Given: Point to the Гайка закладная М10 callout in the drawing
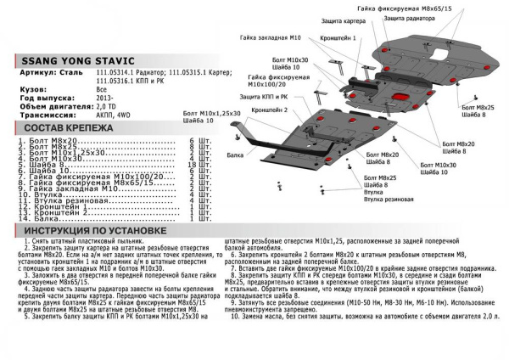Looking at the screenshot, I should click(268, 38).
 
